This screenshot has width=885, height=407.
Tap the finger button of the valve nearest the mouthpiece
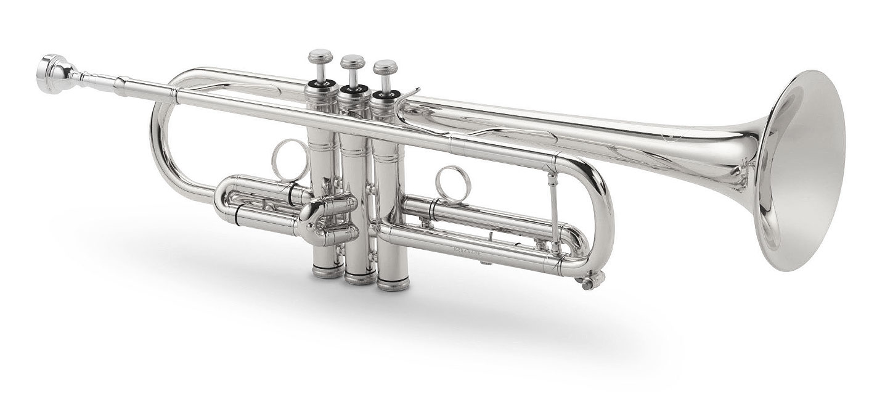click(x=320, y=57)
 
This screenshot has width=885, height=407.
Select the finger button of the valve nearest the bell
click(x=385, y=65)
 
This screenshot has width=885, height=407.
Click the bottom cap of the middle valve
click(x=359, y=277)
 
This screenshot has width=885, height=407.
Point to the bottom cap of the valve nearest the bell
click(x=393, y=284)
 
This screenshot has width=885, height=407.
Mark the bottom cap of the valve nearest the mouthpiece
click(x=328, y=269)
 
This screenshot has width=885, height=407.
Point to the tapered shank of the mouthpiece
click(x=99, y=80)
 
